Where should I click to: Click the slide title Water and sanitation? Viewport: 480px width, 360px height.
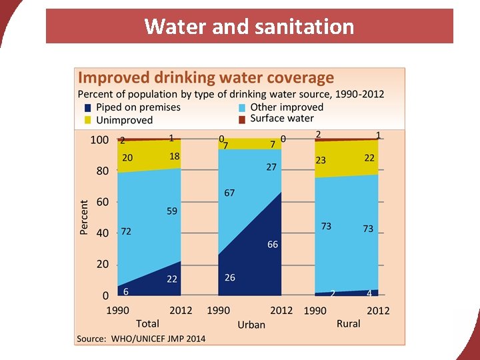[x=249, y=27]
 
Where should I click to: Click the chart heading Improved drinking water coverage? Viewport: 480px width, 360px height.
[x=206, y=77]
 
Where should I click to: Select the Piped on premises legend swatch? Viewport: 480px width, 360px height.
[x=87, y=107]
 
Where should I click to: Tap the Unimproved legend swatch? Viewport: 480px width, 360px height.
[x=87, y=120]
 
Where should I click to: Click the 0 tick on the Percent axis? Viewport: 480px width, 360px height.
[x=104, y=295]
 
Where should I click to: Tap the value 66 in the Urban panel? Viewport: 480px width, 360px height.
[x=273, y=245]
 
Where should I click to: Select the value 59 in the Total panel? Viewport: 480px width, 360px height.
[x=172, y=211]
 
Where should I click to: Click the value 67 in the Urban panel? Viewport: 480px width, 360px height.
[x=229, y=193]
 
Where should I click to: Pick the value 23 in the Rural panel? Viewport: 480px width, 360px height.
[x=321, y=160]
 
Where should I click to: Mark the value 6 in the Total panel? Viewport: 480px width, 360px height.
[x=125, y=291]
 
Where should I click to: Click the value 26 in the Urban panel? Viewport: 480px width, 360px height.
[x=229, y=277]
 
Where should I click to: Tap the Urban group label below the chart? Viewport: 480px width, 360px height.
[x=251, y=325]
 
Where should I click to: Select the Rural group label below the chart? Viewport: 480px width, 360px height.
[x=348, y=323]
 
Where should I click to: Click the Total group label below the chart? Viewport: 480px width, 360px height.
[x=147, y=323]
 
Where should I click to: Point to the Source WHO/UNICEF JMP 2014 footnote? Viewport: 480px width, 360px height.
[x=141, y=338]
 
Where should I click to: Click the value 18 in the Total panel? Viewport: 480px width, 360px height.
[x=175, y=156]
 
